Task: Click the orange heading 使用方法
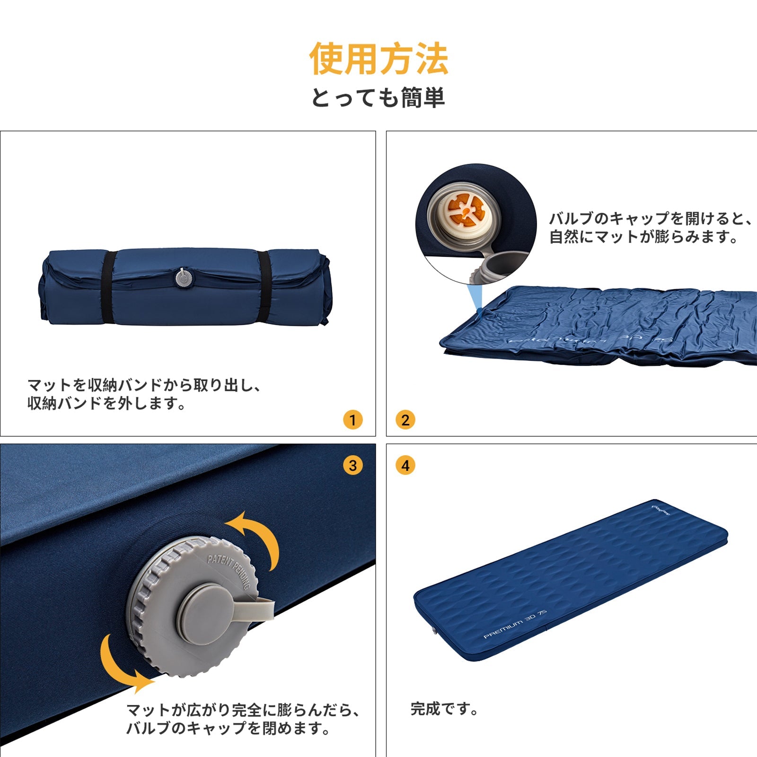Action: (x=378, y=59)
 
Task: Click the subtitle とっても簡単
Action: (x=378, y=98)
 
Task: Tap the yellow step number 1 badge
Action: (x=352, y=420)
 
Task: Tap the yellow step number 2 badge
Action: (x=405, y=420)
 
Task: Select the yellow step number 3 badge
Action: (x=352, y=465)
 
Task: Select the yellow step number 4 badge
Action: (x=405, y=465)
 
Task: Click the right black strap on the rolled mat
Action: (x=264, y=287)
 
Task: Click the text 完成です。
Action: (x=444, y=709)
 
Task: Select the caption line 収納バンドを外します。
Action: (x=107, y=403)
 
